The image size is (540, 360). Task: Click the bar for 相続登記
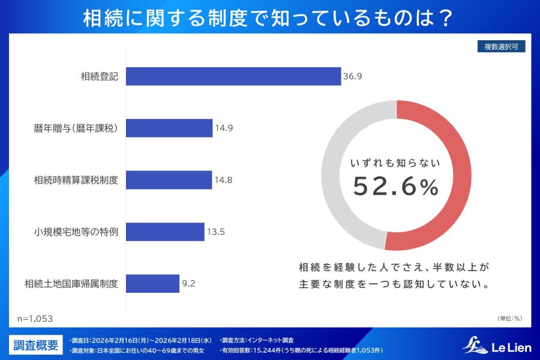coord(233,76)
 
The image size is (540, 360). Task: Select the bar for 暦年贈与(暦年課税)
coord(169,128)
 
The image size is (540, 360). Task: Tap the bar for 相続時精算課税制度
coord(169,180)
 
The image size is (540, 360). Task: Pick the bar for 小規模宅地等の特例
coord(165,232)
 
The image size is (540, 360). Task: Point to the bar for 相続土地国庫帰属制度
coord(152,284)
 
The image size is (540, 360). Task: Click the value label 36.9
coord(352,76)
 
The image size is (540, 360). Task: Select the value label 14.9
coord(224,128)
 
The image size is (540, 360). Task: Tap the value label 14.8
coord(223,180)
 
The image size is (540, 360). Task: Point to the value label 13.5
coord(215,232)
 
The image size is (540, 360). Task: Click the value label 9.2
coord(188,284)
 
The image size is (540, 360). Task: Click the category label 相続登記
coord(99,76)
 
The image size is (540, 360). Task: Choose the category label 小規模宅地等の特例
coord(76,232)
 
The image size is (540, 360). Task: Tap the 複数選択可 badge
coord(501,47)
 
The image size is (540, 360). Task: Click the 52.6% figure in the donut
coord(396,187)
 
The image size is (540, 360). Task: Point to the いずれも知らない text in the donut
coord(395,163)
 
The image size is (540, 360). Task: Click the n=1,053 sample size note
coord(35,319)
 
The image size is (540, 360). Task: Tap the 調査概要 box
coord(36,345)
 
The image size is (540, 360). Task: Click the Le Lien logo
coord(497,346)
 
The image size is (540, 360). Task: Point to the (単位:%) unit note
coord(509,319)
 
